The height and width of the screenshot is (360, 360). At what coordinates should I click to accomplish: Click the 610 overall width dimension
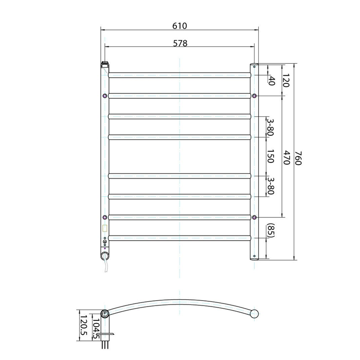[x=179, y=26]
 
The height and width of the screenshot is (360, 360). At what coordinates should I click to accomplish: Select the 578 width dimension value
[x=180, y=43]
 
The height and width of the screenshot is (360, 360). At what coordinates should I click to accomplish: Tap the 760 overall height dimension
[x=298, y=158]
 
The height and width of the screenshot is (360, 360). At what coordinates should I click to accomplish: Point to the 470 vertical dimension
[x=286, y=157]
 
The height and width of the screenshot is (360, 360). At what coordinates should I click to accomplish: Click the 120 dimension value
[x=285, y=80]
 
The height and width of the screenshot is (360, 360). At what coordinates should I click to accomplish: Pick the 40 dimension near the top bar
[x=272, y=81]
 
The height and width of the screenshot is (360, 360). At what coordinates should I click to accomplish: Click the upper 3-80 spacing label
[x=271, y=127]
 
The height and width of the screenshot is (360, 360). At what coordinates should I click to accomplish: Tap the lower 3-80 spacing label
[x=271, y=186]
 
